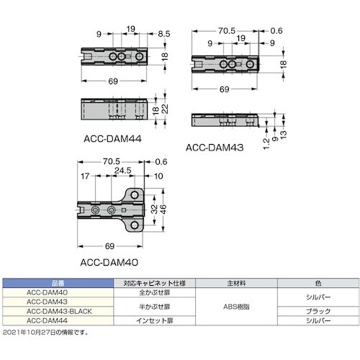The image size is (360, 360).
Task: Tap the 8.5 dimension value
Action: point(164,33)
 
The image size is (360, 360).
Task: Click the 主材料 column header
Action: point(226,283)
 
